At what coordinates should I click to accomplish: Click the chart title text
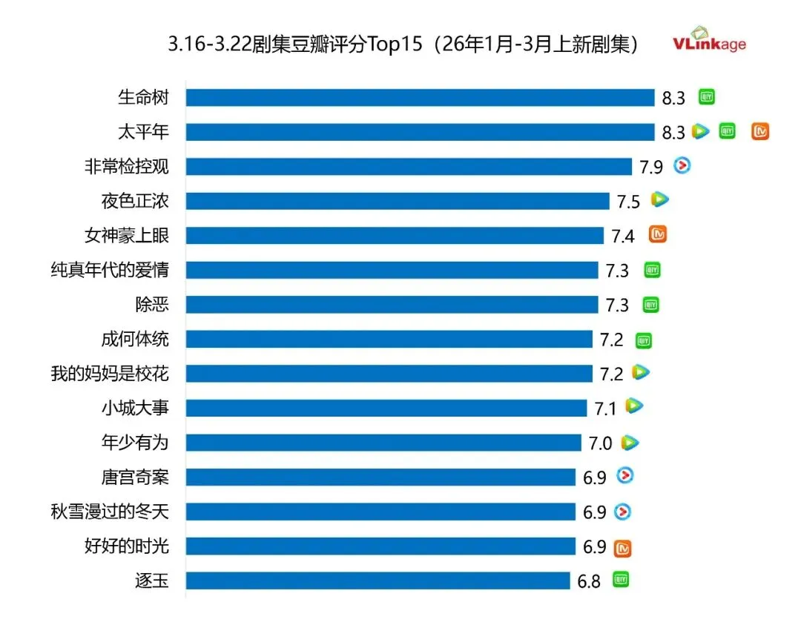(403, 44)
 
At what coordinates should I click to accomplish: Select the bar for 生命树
(420, 98)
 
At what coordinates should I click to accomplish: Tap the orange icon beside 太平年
(760, 132)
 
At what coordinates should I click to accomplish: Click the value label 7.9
(651, 167)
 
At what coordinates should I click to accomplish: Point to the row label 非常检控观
(127, 167)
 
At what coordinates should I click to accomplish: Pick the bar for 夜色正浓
(398, 201)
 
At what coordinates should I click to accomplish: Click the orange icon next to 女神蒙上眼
(658, 235)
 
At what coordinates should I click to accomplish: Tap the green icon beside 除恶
(650, 305)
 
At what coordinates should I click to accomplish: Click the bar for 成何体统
(389, 340)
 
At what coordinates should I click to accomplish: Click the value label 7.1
(606, 408)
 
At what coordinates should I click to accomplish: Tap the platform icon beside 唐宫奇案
(625, 476)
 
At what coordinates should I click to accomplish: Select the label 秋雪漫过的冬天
(110, 512)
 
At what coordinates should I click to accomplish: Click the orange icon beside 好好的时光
(623, 548)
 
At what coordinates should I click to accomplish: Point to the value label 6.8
(589, 581)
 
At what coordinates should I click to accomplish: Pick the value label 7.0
(600, 443)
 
